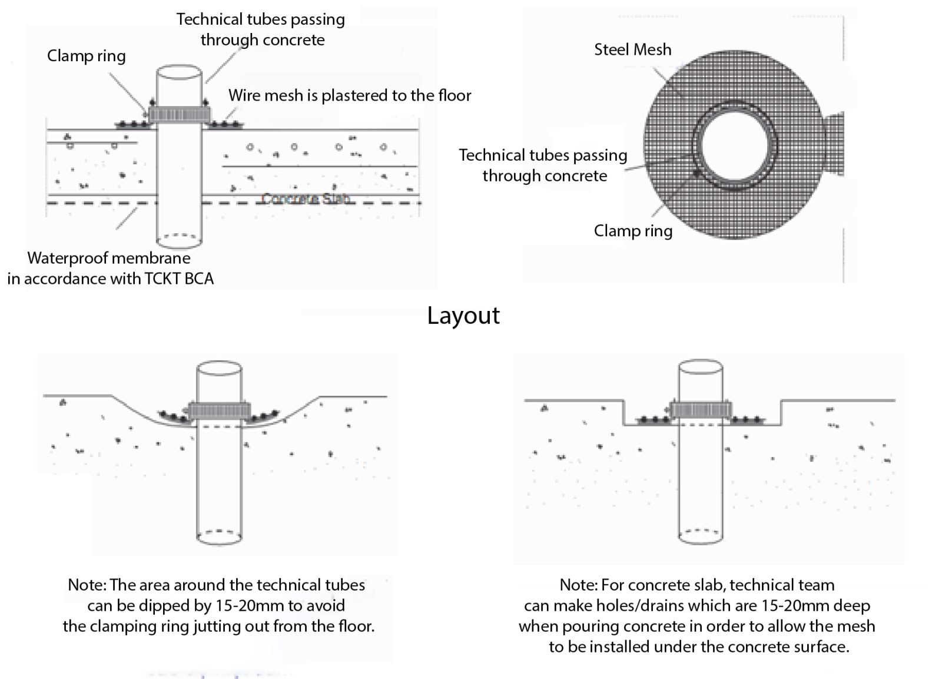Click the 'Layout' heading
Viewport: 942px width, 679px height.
coord(463,316)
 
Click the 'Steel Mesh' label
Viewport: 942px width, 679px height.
coord(632,49)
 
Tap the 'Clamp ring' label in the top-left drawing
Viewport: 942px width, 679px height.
coord(87,56)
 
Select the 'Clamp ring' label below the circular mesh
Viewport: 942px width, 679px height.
coord(633,231)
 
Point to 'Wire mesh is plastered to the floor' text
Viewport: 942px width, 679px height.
coord(350,95)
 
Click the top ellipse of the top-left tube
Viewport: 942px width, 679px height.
coord(179,74)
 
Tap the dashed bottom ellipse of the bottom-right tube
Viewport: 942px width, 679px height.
coord(701,535)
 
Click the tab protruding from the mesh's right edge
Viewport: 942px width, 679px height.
coord(835,144)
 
